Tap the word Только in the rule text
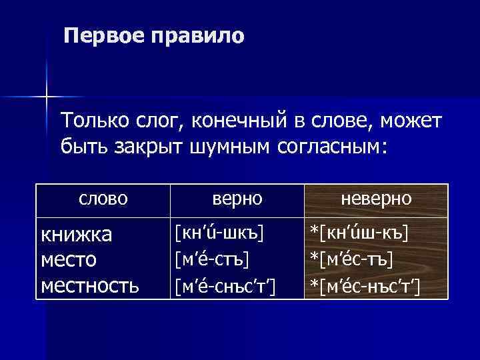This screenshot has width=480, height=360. pos(91,121)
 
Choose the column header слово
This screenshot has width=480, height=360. pos(103,199)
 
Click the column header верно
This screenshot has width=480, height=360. pos(237,199)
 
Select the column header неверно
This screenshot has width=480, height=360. pos(376,199)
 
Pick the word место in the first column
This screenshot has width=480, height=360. pos(69,260)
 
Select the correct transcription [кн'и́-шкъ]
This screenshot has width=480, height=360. pos(219,233)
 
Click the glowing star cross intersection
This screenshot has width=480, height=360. pos(47,97)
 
